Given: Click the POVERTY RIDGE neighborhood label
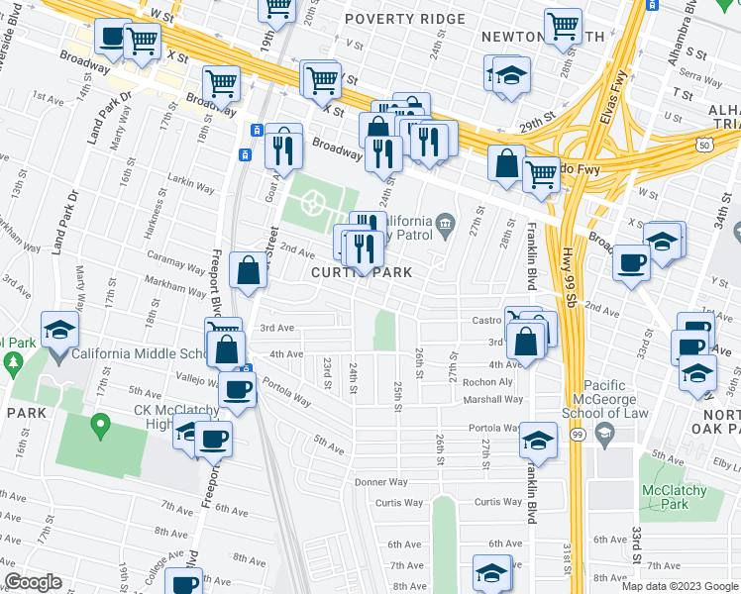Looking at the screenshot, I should pyautogui.click(x=405, y=19).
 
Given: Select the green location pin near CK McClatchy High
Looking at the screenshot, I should pyautogui.click(x=99, y=427).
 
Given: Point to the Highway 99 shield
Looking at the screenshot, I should pyautogui.click(x=577, y=434).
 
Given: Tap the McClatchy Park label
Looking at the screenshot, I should pyautogui.click(x=675, y=497).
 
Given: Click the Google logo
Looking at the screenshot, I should pyautogui.click(x=33, y=582).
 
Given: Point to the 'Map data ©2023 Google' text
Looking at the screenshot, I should pyautogui.click(x=679, y=586).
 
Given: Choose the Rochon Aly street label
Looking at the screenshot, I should pyautogui.click(x=494, y=381).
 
